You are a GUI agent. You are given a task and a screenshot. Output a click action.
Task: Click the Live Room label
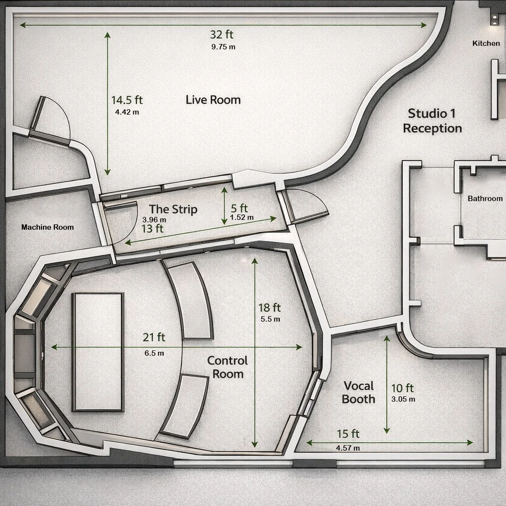coord(213,100)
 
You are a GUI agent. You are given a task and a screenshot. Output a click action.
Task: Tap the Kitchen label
coord(486,43)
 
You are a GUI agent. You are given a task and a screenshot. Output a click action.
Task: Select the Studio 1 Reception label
coord(432,121)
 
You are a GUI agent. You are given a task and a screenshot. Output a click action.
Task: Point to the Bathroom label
coord(485,199)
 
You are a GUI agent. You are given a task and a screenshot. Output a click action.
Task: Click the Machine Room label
coord(47,227)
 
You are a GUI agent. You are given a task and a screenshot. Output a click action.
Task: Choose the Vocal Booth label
coord(359,392)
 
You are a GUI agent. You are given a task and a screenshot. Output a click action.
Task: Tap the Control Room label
coord(228,367)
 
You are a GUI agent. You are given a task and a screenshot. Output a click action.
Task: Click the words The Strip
coord(173,210)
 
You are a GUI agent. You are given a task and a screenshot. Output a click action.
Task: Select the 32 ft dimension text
coord(221,35)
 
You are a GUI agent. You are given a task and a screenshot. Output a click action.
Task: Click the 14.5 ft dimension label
coord(126,100)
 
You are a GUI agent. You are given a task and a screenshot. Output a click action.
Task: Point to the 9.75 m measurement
coord(223,47)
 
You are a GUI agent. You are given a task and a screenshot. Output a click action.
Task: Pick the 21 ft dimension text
coord(154,337)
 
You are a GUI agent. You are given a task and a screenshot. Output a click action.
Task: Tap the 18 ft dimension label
coord(269,308)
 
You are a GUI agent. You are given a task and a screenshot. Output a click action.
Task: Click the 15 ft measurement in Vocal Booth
coord(348,434)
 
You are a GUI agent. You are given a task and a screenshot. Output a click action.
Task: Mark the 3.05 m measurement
coord(403,399)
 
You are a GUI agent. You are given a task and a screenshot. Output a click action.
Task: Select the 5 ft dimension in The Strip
coord(239,209)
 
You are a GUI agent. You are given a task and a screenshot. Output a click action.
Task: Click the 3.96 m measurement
coord(154,219)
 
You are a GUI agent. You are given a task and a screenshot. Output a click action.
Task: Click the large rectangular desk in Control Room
coord(98,351)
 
